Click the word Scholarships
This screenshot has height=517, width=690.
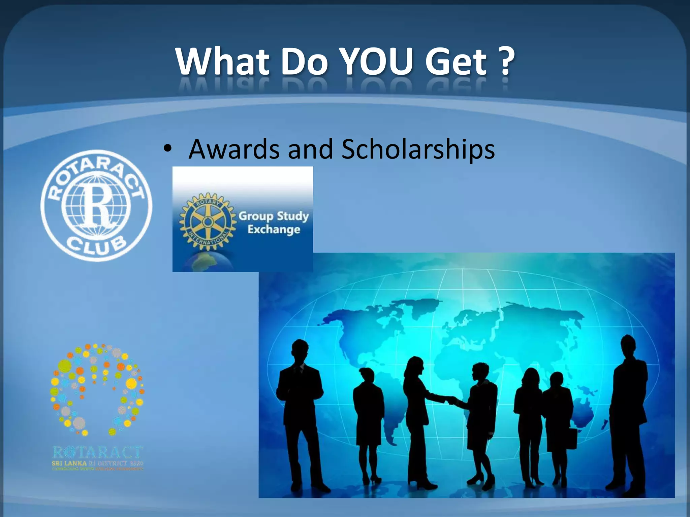418,149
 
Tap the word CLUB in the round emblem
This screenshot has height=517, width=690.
96,246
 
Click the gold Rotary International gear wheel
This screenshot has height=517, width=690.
207,221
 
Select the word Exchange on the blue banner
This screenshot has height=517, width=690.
274,230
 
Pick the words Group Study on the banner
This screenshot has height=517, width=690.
274,216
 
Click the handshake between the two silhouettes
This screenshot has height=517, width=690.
450,401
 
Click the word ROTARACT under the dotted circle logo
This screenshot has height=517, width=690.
98,452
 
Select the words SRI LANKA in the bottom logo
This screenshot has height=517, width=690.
69,463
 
